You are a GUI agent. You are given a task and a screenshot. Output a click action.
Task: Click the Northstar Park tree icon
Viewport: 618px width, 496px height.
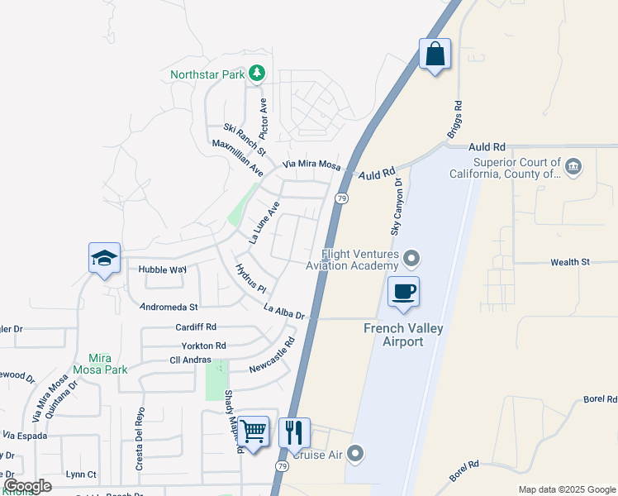[257, 74]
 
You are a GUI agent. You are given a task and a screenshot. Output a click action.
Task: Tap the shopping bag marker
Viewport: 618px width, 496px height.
[435, 55]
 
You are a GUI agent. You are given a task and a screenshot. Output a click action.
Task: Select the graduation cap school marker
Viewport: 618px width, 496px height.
[105, 259]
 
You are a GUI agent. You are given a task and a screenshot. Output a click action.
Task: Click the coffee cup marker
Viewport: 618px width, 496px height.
[403, 293]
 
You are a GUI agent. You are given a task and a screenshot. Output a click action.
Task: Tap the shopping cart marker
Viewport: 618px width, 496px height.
[254, 431]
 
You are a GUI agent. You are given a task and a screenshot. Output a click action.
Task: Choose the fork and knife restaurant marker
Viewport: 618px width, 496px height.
[294, 432]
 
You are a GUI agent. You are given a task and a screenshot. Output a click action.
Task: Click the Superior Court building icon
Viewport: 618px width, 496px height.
[573, 168]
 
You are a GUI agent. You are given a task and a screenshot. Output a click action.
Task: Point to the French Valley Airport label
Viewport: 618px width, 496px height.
[405, 335]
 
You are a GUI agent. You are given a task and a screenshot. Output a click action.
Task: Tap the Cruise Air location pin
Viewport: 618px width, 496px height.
[355, 453]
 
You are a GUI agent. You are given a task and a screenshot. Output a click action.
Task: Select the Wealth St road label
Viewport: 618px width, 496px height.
[570, 262]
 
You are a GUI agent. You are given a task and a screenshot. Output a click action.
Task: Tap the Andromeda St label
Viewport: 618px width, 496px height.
[169, 306]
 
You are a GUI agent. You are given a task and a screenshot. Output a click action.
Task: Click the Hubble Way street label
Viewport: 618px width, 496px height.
[163, 269]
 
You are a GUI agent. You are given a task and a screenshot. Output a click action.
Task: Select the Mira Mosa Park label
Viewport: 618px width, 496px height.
[101, 364]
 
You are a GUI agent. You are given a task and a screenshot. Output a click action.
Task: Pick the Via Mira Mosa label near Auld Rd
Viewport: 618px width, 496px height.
[311, 165]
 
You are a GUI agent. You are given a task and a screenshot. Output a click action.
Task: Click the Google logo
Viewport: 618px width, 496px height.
[27, 485]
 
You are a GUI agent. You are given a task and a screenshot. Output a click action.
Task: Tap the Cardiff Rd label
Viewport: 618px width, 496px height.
[196, 327]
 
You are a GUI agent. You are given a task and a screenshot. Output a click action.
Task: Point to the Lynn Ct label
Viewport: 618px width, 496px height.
[81, 475]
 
